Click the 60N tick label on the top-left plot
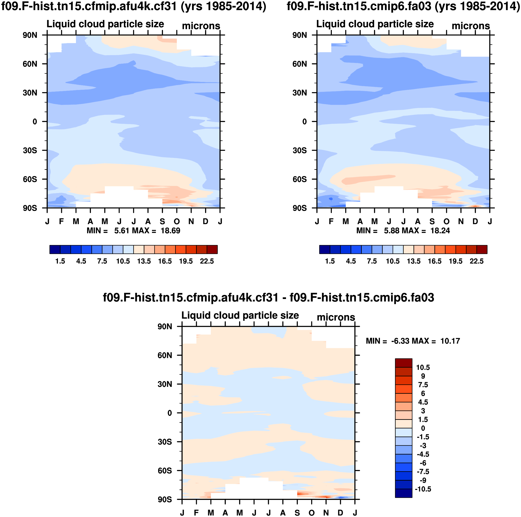coord(30,64)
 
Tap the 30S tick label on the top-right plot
coord(300,150)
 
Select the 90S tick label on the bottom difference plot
coord(165,499)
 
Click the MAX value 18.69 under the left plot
coord(170,231)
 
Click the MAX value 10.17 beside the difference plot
coord(450,341)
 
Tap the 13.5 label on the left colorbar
coord(144,261)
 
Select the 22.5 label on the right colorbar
coord(477,261)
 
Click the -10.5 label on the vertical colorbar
coord(423,489)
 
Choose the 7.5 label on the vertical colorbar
coord(423,385)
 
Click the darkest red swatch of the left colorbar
coord(212,250)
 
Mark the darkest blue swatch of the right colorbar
coord(324,250)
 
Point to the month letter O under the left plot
coord(177,222)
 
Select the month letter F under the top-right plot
coord(331,222)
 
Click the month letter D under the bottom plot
coord(340,512)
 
